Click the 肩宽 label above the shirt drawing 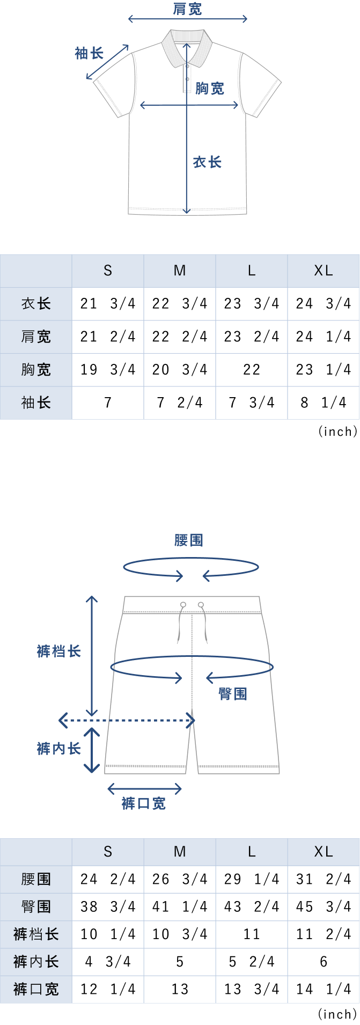tap(187, 9)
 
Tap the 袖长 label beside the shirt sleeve tap(89, 53)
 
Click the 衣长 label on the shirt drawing tap(207, 162)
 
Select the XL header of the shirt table tap(324, 270)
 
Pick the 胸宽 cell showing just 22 tap(252, 369)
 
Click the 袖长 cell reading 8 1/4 tap(324, 402)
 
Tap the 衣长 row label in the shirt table tap(36, 304)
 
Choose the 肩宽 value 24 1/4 tap(324, 336)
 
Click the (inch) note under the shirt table tap(337, 431)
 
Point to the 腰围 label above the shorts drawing tap(189, 540)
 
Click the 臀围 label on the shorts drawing tap(233, 694)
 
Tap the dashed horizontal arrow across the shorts tap(127, 720)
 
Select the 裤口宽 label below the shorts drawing tap(144, 803)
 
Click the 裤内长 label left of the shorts tap(58, 749)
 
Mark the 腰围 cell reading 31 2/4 tap(324, 879)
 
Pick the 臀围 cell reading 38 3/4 tap(108, 906)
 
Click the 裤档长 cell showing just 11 tap(252, 934)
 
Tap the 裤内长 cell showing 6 tap(324, 962)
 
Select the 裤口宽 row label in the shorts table tap(36, 989)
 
